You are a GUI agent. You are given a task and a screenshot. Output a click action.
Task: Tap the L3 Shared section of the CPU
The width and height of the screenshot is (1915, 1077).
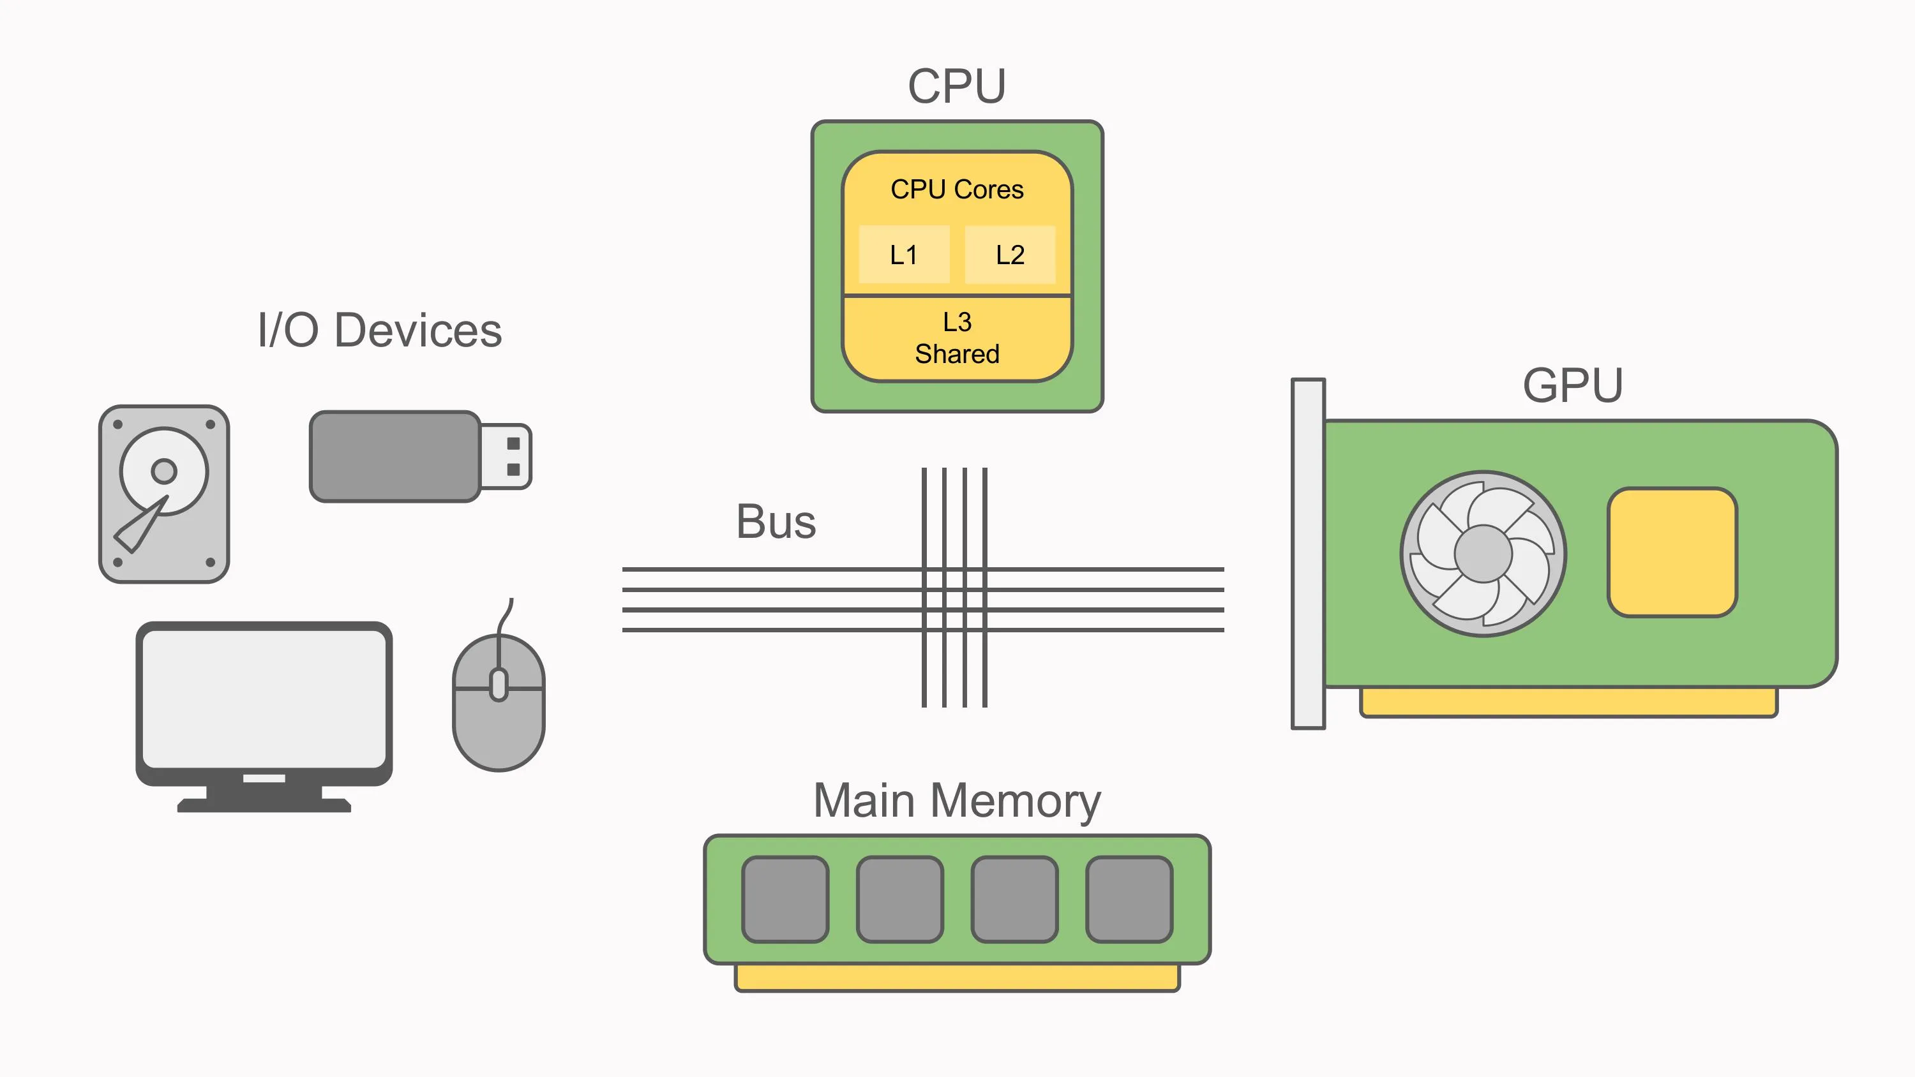(957, 338)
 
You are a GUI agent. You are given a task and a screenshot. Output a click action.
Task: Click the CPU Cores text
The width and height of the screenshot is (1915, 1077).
(957, 189)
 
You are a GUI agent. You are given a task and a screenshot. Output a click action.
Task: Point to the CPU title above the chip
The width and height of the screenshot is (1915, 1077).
(957, 86)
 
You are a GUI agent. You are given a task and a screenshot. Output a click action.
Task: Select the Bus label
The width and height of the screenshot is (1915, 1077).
(776, 521)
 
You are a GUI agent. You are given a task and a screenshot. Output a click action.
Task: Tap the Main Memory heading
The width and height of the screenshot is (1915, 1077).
(957, 801)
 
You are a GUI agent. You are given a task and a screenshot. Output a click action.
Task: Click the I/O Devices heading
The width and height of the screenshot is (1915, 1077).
(379, 330)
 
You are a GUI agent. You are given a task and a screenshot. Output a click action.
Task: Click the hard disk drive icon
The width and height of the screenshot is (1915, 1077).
(164, 494)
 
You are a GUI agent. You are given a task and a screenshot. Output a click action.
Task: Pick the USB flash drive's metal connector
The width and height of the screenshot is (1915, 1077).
(506, 456)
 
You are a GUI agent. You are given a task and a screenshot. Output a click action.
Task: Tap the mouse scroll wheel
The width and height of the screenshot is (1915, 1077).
(499, 685)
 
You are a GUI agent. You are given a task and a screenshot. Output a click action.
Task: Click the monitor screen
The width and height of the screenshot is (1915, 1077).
(264, 699)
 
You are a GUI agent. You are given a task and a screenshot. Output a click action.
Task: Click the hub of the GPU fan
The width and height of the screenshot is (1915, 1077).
(1483, 554)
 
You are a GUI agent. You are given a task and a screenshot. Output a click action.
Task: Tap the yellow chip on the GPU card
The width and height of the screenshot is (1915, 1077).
(1672, 553)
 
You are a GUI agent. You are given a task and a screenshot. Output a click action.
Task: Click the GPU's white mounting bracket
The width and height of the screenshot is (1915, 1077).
(1308, 554)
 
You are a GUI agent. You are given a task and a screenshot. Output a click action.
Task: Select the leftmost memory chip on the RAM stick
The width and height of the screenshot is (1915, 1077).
(785, 900)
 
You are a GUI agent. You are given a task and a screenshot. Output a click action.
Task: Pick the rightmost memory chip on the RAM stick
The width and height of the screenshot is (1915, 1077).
(1129, 900)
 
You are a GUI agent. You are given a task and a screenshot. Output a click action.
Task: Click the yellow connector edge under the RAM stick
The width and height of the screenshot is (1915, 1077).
(957, 978)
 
